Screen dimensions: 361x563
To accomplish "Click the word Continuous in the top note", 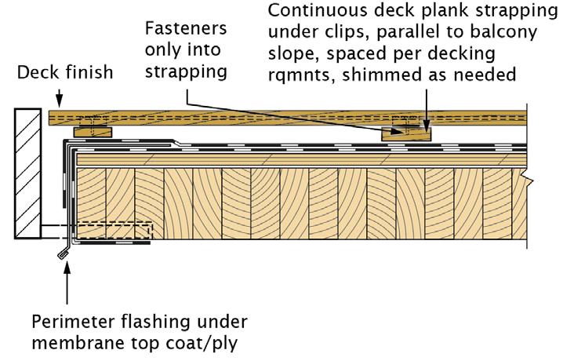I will point(318,13).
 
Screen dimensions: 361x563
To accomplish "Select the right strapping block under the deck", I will point(406,133).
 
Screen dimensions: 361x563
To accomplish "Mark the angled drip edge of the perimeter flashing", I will point(60,252).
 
